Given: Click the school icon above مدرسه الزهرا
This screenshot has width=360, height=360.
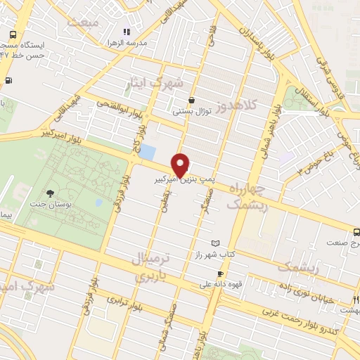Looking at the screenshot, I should pos(127,32).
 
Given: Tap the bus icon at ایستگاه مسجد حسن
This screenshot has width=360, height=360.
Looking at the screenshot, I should pos(13,34).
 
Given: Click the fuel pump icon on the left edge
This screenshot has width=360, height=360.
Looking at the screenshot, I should pos(8,80).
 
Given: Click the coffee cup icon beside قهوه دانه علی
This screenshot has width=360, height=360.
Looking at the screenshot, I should pos(220,274).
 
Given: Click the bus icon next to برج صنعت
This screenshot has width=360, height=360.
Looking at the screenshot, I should pos(356,231).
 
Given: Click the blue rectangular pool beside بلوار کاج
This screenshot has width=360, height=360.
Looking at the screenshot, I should pos(148,151).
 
